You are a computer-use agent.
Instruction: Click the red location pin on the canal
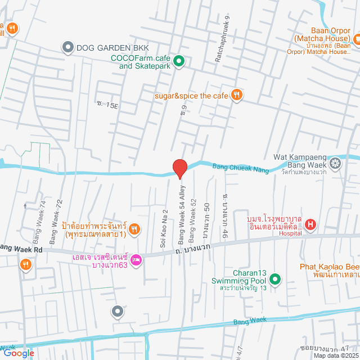179,168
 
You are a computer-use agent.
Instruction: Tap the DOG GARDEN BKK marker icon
68,47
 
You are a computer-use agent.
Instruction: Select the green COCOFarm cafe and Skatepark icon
179,61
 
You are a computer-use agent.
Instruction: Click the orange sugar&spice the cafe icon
237,95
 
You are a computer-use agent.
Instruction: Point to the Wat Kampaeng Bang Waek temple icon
335,164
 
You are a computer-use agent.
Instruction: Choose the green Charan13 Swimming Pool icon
275,278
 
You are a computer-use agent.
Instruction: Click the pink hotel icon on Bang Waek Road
136,260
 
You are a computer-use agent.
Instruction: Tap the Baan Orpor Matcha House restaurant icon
355,38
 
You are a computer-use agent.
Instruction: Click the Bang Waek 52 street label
192,217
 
